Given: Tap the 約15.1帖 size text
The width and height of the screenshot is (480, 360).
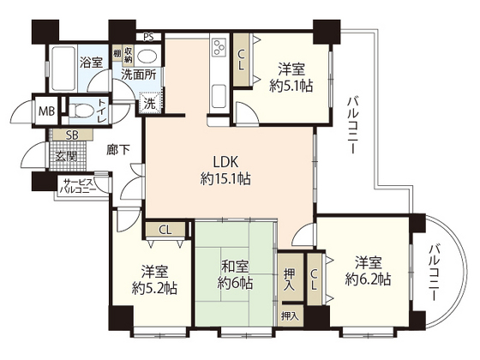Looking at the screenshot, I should pos(219,179).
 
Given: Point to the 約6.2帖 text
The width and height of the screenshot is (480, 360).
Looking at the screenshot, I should pos(369,279).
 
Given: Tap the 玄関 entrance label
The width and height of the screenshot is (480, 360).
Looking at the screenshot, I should pos(65,156).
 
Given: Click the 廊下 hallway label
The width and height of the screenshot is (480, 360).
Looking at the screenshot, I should pos(118,149).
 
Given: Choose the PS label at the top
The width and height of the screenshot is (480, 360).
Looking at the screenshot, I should pos(149,37).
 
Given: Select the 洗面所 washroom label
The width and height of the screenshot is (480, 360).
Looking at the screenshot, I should pos(137,75).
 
